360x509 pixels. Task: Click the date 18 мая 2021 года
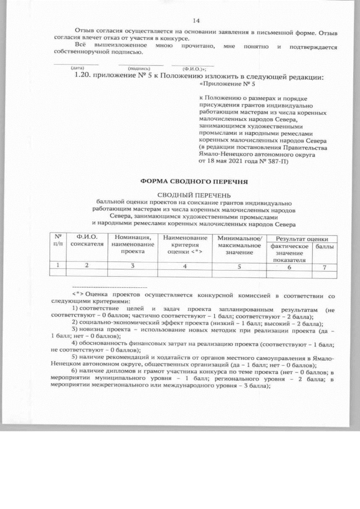coord(229,160)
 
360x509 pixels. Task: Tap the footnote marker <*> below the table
coord(78,294)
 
